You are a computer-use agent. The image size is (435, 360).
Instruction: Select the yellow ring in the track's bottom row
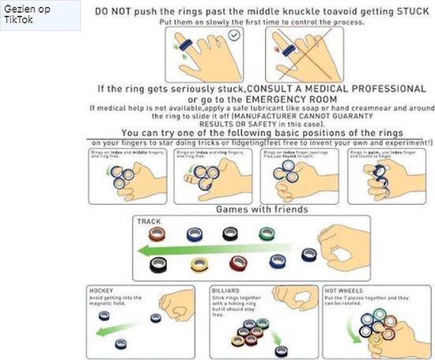pyautogui.click(x=199, y=264)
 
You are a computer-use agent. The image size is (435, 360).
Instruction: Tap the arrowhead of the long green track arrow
pyautogui.click(x=138, y=250)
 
